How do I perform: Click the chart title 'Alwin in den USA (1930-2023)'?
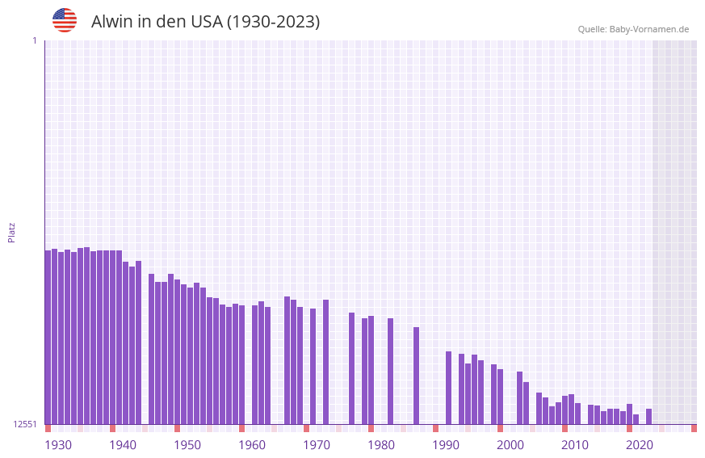[x=205, y=22]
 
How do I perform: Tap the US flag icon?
[x=65, y=20]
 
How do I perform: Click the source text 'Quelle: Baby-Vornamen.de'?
[x=633, y=29]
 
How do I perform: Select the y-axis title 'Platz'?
[x=11, y=232]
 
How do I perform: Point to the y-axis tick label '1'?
[x=34, y=40]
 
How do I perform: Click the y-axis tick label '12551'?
[x=25, y=424]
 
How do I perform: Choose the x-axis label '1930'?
[x=58, y=445]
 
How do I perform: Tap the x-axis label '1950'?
[x=187, y=445]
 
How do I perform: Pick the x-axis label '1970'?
[x=317, y=445]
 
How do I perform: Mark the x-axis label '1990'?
[x=446, y=445]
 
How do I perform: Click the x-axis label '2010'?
[x=575, y=445]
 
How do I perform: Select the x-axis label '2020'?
[x=640, y=445]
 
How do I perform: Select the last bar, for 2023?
[x=648, y=416]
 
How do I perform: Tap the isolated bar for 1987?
[x=416, y=376]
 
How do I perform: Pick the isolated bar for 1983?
[x=390, y=371]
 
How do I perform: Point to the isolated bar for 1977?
[x=351, y=368]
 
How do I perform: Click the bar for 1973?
[x=325, y=362]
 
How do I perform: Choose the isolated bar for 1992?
[x=448, y=388]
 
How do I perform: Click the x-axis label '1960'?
[x=252, y=445]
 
